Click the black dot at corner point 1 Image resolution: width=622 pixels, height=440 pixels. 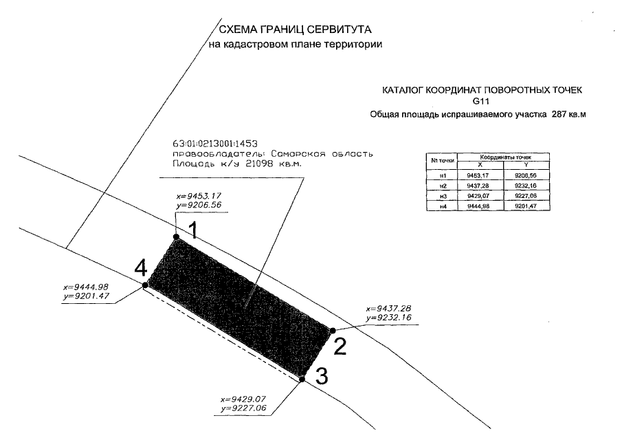[177, 236]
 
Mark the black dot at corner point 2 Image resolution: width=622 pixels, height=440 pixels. [332, 331]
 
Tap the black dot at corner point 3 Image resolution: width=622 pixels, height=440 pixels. [302, 378]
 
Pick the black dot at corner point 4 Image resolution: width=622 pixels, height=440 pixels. [144, 285]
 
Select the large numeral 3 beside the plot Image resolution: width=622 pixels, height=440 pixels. [321, 376]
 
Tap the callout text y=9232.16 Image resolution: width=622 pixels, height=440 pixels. [388, 318]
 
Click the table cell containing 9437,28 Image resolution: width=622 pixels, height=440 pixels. [478, 186]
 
